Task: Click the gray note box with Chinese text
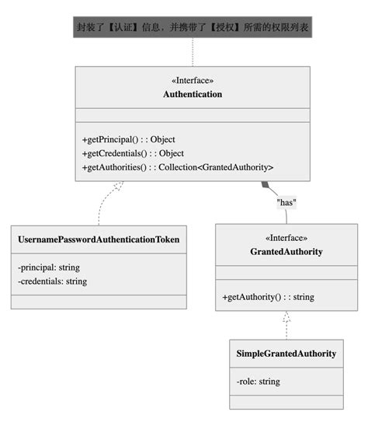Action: click(193, 28)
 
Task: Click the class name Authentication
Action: click(193, 94)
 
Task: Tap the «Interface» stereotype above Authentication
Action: click(193, 80)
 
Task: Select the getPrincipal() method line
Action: click(129, 140)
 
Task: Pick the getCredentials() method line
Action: click(133, 153)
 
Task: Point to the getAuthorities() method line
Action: click(178, 167)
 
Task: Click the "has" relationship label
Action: click(287, 202)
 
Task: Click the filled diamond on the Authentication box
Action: click(266, 185)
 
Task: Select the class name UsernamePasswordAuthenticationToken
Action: click(99, 240)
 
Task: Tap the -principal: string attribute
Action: click(49, 267)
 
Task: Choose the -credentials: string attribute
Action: click(52, 281)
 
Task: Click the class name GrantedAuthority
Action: click(286, 252)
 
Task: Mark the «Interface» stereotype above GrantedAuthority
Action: click(286, 238)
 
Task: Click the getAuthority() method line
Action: click(268, 297)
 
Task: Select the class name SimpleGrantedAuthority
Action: click(286, 354)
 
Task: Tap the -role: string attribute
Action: click(259, 381)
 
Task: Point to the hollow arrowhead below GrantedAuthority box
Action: click(286, 317)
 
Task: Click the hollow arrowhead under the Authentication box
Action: click(118, 187)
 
